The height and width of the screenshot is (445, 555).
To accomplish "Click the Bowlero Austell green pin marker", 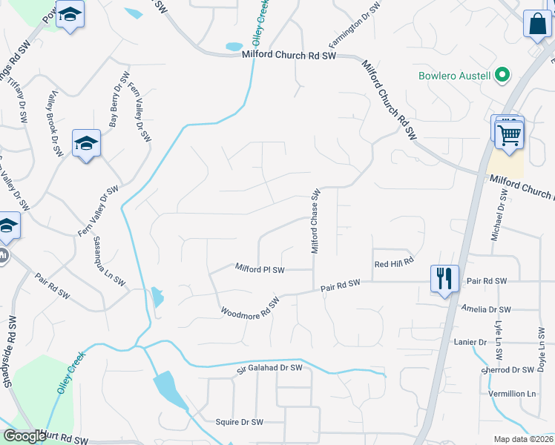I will click(x=502, y=75).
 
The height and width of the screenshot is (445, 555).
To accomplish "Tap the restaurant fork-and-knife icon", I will click(x=444, y=279).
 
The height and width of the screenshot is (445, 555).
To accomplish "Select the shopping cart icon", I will click(x=509, y=135).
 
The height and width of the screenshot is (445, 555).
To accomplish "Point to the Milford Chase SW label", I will click(x=315, y=220).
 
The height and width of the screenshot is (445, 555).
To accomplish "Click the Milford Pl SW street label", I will click(x=260, y=268).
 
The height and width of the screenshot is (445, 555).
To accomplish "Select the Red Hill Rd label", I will click(x=393, y=264).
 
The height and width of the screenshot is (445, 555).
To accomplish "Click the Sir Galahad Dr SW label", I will click(x=270, y=368).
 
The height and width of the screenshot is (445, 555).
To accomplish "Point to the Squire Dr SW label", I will click(x=240, y=422).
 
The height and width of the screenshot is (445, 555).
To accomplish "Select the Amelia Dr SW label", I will click(x=485, y=309).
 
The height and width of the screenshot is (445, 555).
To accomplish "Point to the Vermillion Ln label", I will click(x=512, y=393).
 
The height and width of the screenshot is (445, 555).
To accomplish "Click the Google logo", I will click(x=24, y=436).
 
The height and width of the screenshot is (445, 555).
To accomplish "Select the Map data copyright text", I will click(x=523, y=439).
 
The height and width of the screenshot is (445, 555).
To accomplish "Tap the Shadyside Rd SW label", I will click(x=10, y=350).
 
